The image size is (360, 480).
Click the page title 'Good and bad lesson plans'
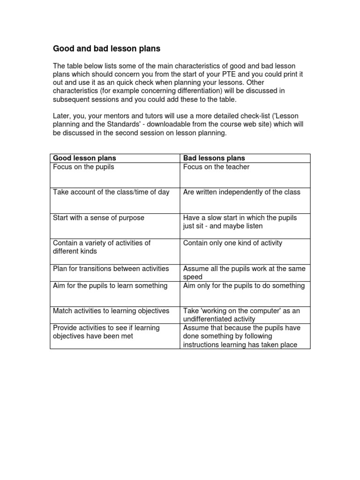(106, 48)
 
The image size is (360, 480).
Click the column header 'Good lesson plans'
(84, 158)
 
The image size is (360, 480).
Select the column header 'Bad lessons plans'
(214, 158)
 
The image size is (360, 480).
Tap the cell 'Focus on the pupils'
(83, 167)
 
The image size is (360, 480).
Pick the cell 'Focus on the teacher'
(216, 167)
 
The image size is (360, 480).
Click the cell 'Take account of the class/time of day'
(111, 192)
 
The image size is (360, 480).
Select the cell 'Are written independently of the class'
(242, 192)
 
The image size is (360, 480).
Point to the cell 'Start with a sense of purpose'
(98, 217)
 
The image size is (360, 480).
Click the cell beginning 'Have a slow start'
(240, 222)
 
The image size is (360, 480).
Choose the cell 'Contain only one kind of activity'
(232, 243)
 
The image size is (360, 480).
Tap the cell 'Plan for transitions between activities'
(111, 269)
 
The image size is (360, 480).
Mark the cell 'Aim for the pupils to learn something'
(110, 285)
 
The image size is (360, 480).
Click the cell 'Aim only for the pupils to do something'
(244, 285)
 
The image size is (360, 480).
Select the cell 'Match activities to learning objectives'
(111, 311)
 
